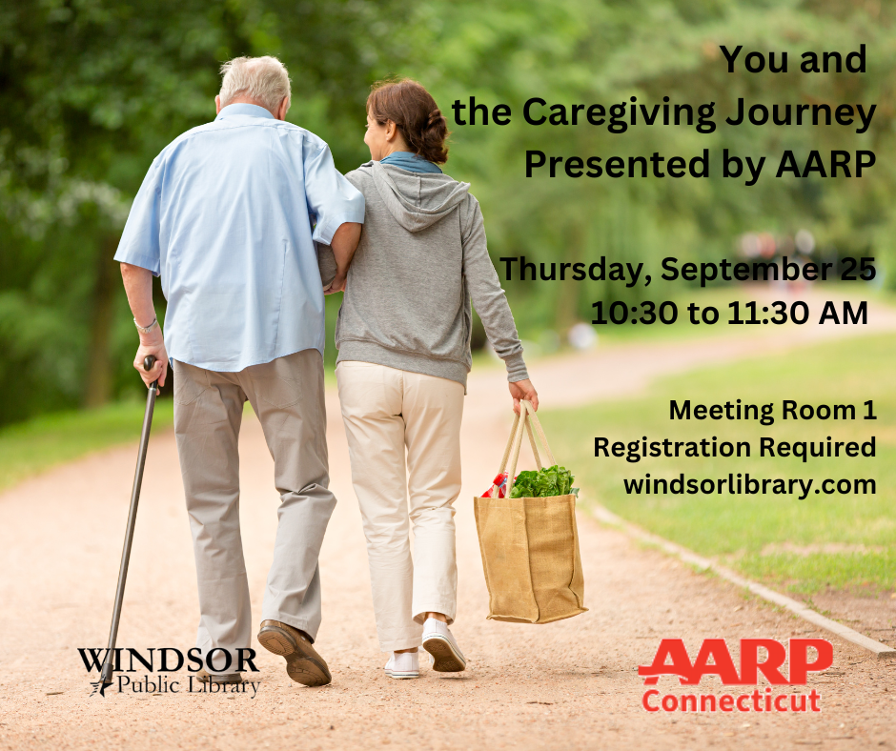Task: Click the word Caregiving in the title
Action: (x=611, y=113)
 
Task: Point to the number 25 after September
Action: (x=857, y=270)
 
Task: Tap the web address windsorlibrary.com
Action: (x=749, y=484)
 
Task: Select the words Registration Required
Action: (x=734, y=447)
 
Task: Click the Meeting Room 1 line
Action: (x=772, y=411)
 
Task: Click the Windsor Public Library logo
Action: (x=170, y=670)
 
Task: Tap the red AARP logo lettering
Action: (x=735, y=662)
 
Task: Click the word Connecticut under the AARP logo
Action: (x=730, y=701)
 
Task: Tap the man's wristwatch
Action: (x=146, y=326)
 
